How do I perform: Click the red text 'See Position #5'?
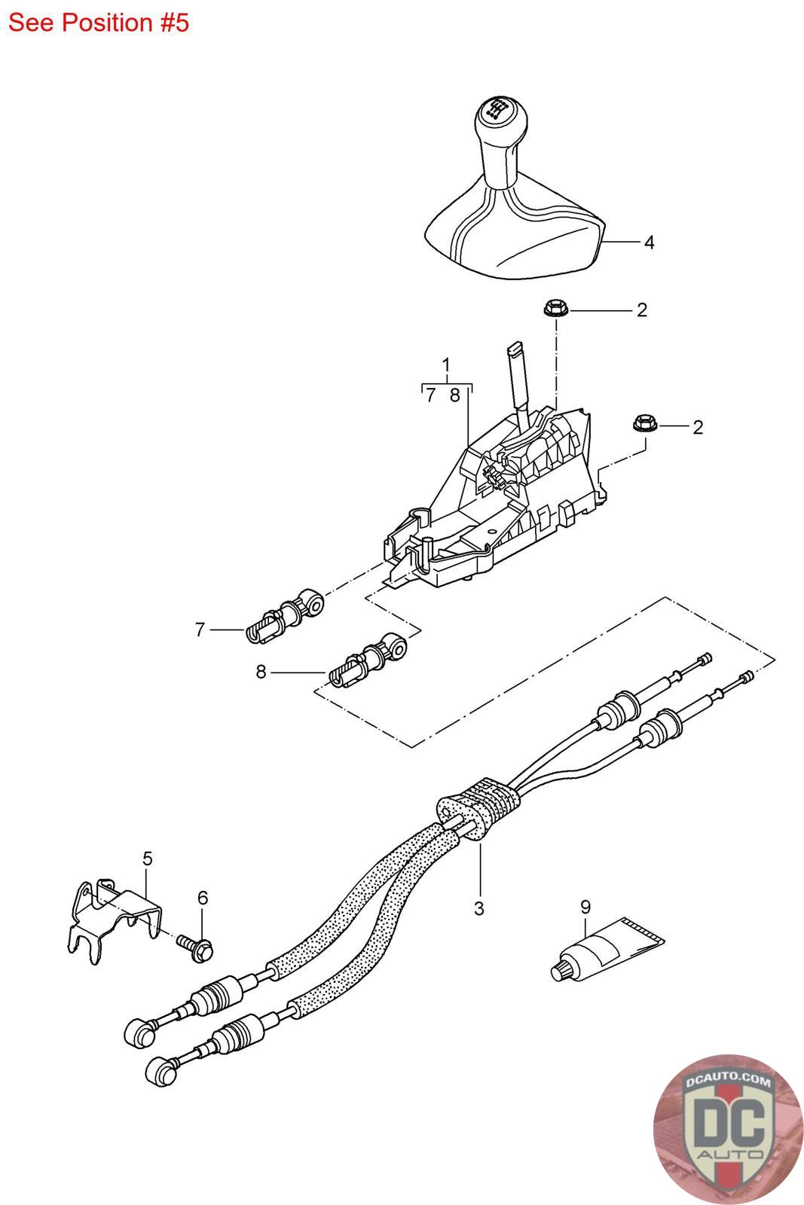click(x=98, y=23)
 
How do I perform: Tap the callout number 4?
click(x=648, y=243)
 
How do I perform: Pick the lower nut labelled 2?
click(x=644, y=425)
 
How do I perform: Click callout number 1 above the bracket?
click(x=446, y=366)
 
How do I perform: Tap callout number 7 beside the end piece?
click(x=200, y=630)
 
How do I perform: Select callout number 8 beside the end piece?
click(x=261, y=671)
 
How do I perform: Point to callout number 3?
click(x=479, y=908)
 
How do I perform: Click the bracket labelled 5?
click(x=113, y=922)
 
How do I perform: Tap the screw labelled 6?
click(x=197, y=944)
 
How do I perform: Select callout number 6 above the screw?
click(x=203, y=898)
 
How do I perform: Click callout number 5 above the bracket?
click(x=148, y=858)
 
